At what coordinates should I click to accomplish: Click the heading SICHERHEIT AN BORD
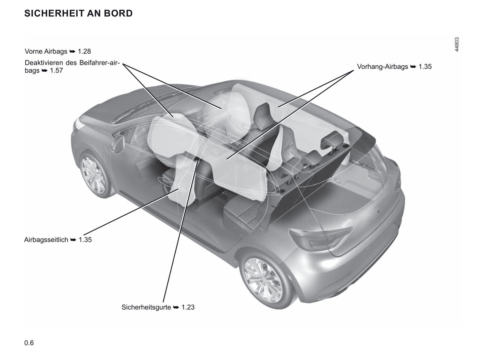[x=78, y=13]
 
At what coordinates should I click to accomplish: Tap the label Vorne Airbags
[x=46, y=51]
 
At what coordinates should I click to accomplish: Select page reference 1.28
[x=84, y=51]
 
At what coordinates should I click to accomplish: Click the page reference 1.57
[x=56, y=70]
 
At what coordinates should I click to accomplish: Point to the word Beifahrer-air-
[x=100, y=63]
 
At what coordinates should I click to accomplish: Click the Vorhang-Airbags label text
[x=382, y=67]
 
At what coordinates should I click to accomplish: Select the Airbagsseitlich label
[x=46, y=240]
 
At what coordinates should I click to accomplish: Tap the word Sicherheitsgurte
[x=146, y=307]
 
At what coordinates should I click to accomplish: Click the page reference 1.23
[x=188, y=307]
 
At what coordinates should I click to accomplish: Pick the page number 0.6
[x=29, y=343]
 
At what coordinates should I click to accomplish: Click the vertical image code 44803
[x=457, y=44]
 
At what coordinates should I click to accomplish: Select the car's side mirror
[x=118, y=144]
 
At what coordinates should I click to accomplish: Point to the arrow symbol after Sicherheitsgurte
[x=176, y=308]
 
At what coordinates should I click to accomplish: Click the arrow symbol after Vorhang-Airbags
[x=413, y=67]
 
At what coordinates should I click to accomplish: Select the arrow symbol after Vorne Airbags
[x=72, y=51]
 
